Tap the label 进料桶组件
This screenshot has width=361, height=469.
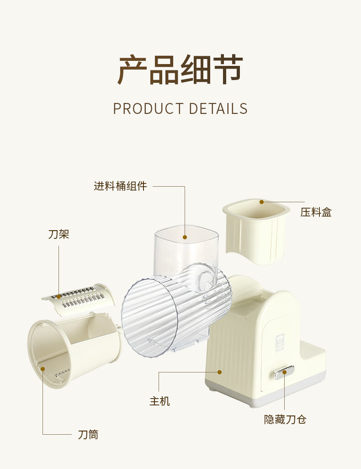pos(121,186)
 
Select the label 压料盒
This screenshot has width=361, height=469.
pos(316,212)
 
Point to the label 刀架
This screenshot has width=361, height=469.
pos(58,235)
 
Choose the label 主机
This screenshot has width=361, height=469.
pos(159,401)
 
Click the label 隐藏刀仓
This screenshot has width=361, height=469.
pos(285,419)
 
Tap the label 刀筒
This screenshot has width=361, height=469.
pos(88,434)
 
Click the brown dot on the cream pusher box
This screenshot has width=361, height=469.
pos(262,202)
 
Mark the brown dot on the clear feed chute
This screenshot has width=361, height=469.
pos(185,237)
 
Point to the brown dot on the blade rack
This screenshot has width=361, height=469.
pos(58,296)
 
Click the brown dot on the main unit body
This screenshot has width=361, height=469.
pos(220,372)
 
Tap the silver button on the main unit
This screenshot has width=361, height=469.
pos(284,372)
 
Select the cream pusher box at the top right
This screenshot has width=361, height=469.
pos(256,231)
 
